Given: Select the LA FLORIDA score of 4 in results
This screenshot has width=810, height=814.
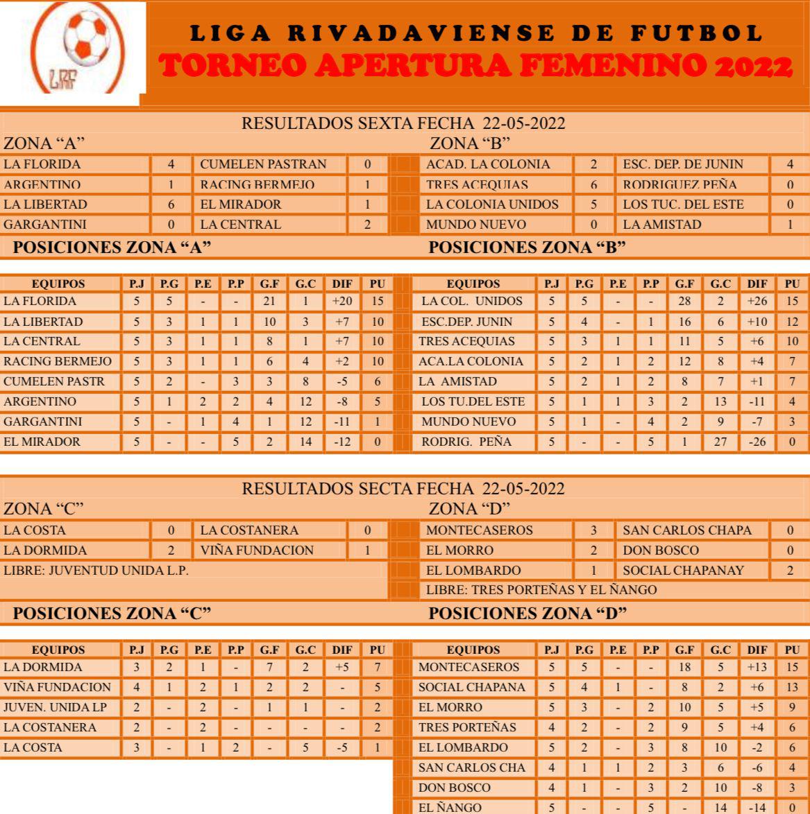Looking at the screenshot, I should click(x=170, y=165).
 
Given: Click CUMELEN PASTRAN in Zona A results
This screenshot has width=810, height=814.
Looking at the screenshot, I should click(x=263, y=165).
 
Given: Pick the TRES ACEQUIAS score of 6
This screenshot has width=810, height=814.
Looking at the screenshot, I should click(x=593, y=185).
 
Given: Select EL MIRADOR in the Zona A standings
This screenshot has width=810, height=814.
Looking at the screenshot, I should click(x=42, y=442).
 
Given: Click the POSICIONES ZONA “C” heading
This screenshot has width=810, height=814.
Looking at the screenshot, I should click(x=112, y=613).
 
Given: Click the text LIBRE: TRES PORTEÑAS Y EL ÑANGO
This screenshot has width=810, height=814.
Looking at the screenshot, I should click(x=541, y=591).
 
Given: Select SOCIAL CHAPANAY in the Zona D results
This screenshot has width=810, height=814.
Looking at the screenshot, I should click(x=684, y=571).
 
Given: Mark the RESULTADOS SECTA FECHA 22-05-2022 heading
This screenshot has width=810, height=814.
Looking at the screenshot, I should click(x=403, y=488).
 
